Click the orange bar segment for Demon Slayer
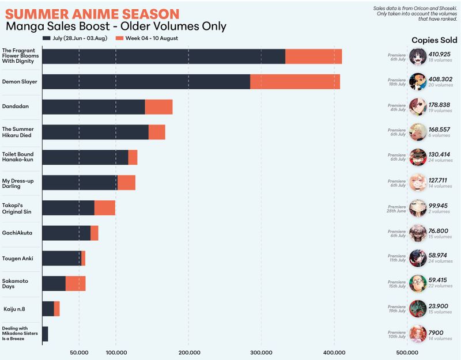coord(295,82)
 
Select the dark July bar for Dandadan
coord(93,107)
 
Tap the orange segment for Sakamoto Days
coord(75,283)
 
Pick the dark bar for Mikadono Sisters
coord(45,334)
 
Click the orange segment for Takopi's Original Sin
coord(105,208)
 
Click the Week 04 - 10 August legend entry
coord(147,39)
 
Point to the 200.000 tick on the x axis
coord(189,353)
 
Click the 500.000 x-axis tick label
coord(407,353)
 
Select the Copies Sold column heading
coord(434,40)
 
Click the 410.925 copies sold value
coord(440,54)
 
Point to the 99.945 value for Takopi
coord(439,206)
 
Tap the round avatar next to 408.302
coord(418,82)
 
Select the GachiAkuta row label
coord(18,233)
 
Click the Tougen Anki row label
coord(18,258)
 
